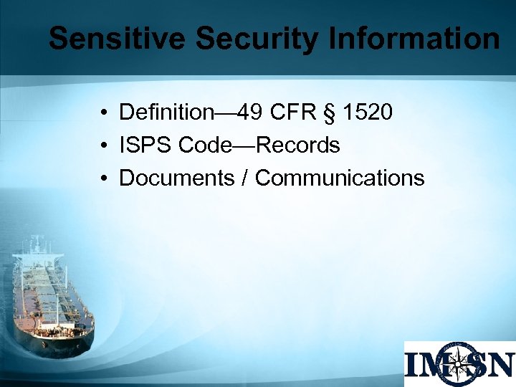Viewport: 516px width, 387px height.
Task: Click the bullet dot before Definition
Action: coord(105,113)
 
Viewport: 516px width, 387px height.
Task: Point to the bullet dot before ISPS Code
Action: coord(105,146)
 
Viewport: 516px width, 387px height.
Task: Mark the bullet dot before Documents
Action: coord(105,178)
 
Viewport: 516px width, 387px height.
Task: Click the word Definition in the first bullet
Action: coord(166,113)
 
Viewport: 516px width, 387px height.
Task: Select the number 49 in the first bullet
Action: coord(249,113)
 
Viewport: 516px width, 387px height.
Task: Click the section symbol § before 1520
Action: coord(331,113)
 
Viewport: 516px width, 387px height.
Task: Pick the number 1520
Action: coord(367,113)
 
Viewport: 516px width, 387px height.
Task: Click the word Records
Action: coord(297,145)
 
